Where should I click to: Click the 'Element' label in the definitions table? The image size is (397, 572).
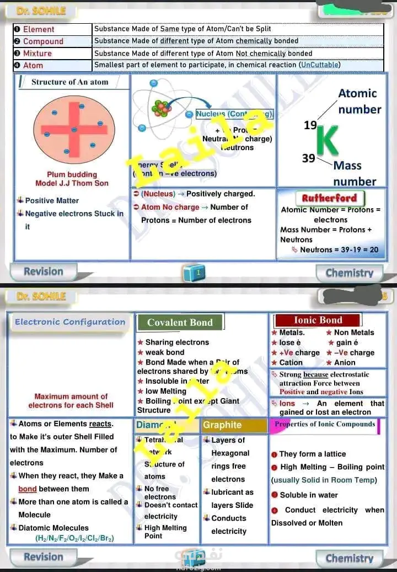click(38, 29)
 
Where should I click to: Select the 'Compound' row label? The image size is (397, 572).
click(43, 41)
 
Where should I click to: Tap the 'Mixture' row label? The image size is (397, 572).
click(37, 54)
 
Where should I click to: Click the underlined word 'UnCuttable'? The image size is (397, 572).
click(319, 65)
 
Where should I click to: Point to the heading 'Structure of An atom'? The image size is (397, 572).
click(69, 82)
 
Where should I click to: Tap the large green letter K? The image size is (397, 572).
click(328, 141)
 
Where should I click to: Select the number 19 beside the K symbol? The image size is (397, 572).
click(310, 125)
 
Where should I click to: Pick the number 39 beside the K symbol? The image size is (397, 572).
click(308, 158)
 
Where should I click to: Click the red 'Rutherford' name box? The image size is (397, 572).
click(329, 198)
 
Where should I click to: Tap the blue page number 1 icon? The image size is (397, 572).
click(198, 272)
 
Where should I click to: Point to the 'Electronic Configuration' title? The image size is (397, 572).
click(70, 322)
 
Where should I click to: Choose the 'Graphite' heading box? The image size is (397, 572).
click(222, 425)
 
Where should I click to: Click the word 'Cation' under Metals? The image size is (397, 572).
click(291, 363)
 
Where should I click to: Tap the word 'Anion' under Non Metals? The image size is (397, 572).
click(345, 363)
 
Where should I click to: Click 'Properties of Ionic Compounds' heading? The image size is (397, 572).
click(325, 425)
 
